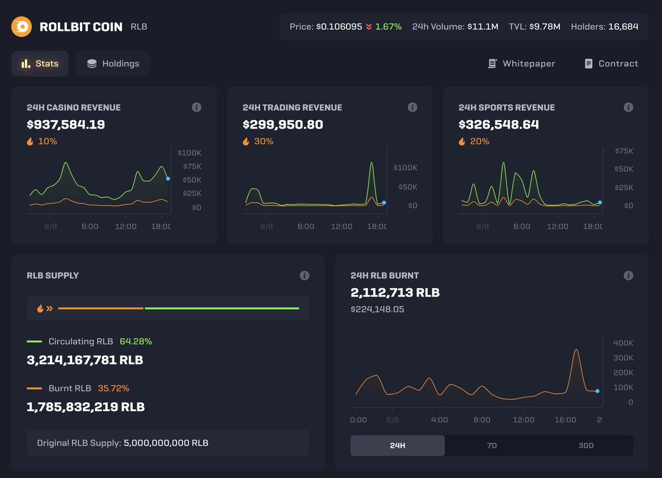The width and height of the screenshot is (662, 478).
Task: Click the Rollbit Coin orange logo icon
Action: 22,26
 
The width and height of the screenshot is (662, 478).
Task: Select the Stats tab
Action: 40,63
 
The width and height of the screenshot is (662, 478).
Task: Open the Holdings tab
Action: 113,63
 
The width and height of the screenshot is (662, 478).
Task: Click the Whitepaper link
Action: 521,63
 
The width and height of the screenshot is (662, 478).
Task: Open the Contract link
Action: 611,63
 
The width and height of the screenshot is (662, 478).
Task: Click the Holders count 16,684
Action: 623,26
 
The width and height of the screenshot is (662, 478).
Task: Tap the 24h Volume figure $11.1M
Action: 483,26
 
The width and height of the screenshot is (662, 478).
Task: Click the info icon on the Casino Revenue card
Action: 196,108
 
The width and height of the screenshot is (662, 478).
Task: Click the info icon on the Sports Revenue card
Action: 628,108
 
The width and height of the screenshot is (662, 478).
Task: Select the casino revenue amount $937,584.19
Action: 66,125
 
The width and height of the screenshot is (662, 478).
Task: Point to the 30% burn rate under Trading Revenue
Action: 263,142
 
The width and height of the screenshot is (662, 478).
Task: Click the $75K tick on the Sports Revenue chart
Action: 624,151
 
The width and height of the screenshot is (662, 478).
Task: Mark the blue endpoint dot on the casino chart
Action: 168,179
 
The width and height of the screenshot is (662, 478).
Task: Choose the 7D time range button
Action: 492,445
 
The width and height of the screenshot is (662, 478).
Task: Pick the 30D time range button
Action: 586,445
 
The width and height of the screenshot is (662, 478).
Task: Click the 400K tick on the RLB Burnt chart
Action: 623,343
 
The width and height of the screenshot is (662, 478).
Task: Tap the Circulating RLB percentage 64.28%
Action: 136,342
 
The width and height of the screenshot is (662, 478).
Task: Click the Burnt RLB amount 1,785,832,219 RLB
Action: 86,407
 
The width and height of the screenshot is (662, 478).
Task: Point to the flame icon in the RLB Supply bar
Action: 40,309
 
